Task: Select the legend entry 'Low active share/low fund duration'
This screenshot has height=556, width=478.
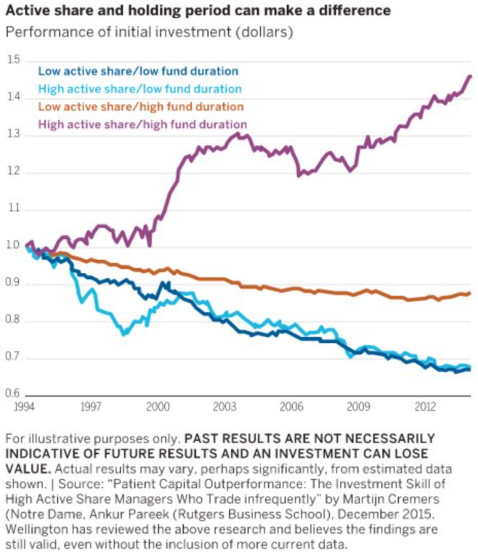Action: pyautogui.click(x=138, y=71)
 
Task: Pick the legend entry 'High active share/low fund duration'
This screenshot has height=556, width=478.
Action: pyautogui.click(x=140, y=89)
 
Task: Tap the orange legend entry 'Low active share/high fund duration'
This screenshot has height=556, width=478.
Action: pyautogui.click(x=141, y=106)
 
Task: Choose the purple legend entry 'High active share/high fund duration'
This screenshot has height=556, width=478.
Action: pyautogui.click(x=142, y=124)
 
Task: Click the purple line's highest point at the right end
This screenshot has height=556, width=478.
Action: pyautogui.click(x=470, y=76)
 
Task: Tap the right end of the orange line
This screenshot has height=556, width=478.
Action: pyautogui.click(x=470, y=294)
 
